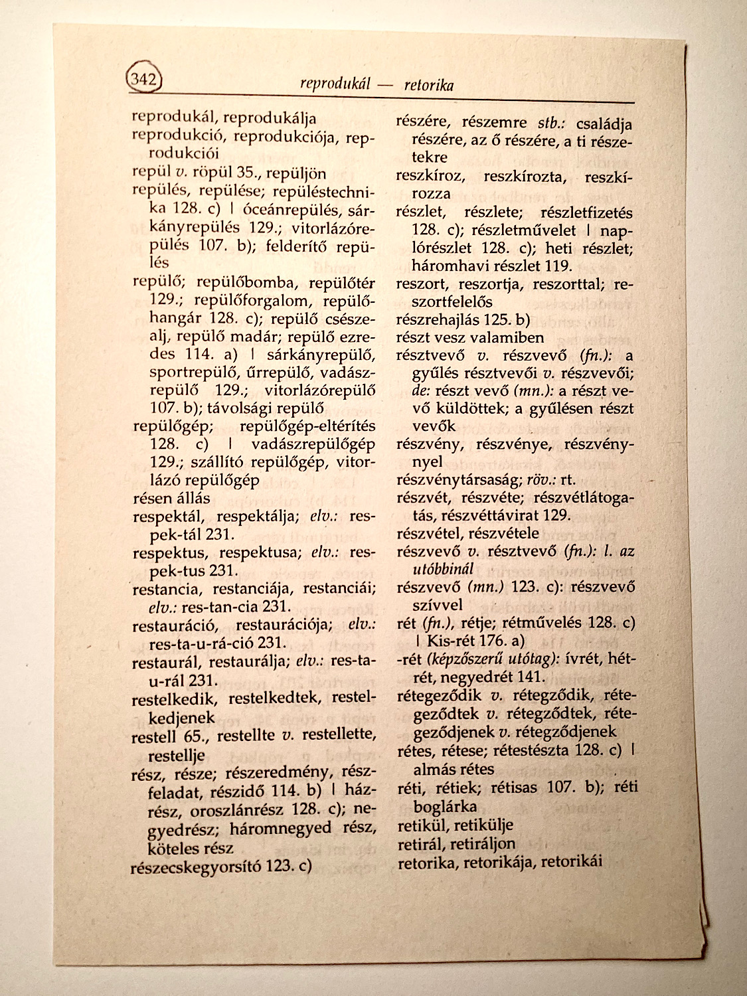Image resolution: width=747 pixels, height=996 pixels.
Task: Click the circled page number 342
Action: [x=143, y=80]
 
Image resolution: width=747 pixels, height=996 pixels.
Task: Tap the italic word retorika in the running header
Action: [x=429, y=85]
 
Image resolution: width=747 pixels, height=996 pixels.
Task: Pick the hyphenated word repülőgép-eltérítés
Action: [x=307, y=426]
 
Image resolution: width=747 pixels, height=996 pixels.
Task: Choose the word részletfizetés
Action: [x=587, y=213]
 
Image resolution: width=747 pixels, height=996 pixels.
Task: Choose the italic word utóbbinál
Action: [x=443, y=570]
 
